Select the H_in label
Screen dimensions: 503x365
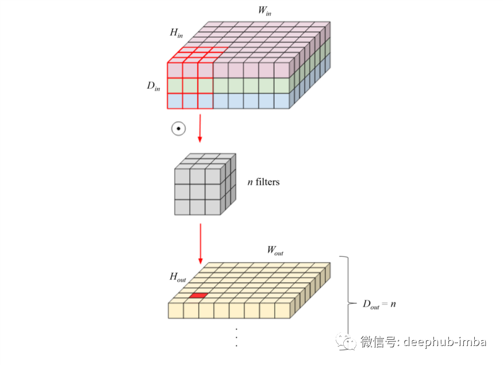click(x=176, y=33)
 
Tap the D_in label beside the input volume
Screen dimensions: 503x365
click(x=153, y=87)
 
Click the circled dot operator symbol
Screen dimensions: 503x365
click(x=178, y=128)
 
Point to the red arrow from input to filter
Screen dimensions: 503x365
click(x=199, y=128)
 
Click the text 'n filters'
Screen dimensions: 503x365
click(x=263, y=182)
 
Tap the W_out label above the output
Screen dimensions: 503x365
click(x=275, y=251)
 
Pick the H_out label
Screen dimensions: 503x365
click(x=178, y=277)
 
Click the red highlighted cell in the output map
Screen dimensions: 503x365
click(x=198, y=295)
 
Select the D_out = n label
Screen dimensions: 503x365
click(x=378, y=303)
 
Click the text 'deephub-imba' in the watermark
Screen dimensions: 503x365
click(x=444, y=342)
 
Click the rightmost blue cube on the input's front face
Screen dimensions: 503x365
click(x=281, y=101)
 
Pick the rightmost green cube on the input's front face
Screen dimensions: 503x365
click(x=281, y=86)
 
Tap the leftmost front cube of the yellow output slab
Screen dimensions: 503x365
click(x=175, y=311)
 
